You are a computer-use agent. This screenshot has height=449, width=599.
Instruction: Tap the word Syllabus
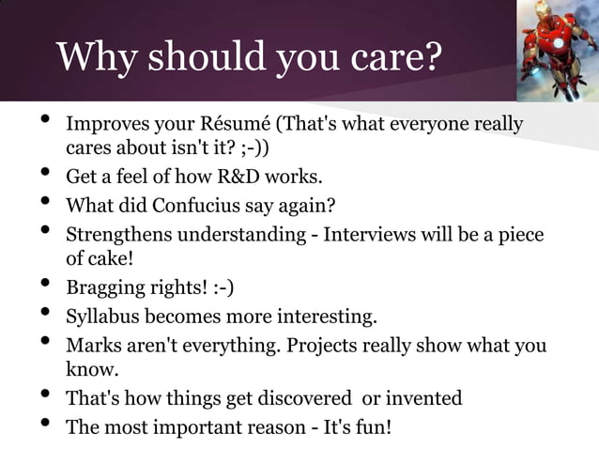click(x=100, y=315)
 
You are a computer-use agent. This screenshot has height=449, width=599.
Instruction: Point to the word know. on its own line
click(x=90, y=369)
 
